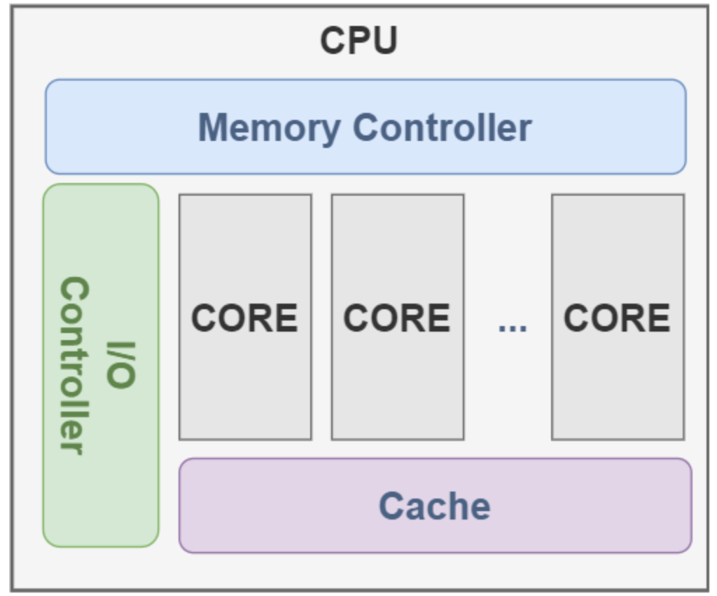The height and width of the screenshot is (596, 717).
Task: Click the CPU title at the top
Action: tap(358, 41)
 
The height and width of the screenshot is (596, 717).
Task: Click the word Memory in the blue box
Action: tap(269, 128)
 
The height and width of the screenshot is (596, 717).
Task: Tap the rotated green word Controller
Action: tap(74, 365)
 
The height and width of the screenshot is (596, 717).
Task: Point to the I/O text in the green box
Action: tap(120, 365)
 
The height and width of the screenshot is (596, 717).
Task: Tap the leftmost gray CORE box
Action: tap(245, 317)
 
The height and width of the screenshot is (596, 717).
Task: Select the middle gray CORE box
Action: tap(397, 317)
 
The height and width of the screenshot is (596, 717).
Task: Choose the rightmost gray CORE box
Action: tap(618, 317)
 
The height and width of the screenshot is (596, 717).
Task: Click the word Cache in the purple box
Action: tap(434, 506)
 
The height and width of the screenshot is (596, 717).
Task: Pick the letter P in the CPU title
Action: tap(358, 41)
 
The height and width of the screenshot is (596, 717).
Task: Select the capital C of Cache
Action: tap(392, 506)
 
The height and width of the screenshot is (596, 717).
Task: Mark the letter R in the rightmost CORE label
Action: tap(632, 318)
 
